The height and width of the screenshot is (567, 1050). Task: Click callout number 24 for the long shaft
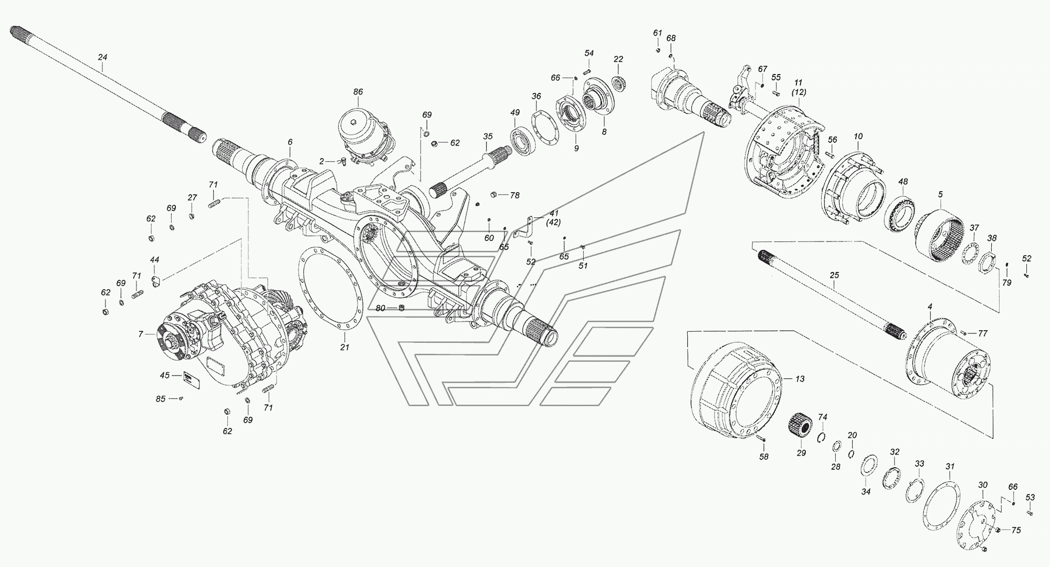(x=102, y=57)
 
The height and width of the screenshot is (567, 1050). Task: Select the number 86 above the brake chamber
(x=358, y=92)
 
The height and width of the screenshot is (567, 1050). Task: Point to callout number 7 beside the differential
(x=141, y=334)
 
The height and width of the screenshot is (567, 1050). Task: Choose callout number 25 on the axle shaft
(x=835, y=275)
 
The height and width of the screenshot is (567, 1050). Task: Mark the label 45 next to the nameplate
(x=165, y=375)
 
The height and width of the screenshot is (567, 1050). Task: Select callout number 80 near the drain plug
(x=380, y=308)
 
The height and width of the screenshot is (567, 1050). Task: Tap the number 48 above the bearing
(x=902, y=182)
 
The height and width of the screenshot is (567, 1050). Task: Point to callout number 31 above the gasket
(x=950, y=466)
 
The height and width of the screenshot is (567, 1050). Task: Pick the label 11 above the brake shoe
(x=799, y=82)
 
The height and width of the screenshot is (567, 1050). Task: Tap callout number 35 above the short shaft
(x=488, y=136)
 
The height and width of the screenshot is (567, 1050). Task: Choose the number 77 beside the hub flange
(x=983, y=333)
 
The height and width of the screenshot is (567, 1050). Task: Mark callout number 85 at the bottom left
(x=161, y=399)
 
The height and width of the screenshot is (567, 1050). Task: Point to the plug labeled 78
(x=494, y=195)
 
